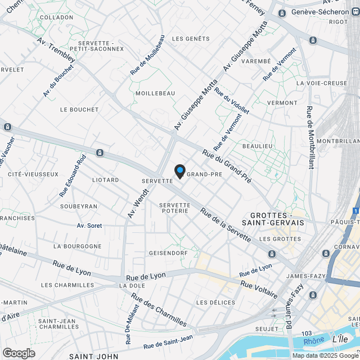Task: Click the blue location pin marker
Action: pos(179,171)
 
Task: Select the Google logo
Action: pos(19,353)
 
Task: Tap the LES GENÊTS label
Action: pos(190,39)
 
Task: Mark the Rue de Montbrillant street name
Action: pos(310,138)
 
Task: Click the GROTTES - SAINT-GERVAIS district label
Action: pos(277,219)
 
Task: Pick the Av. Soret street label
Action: pos(89,226)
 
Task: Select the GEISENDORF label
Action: pos(168,253)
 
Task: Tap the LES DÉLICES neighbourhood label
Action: pos(216,303)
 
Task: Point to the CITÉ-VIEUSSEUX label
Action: pos(33,174)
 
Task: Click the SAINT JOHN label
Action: pos(93,356)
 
